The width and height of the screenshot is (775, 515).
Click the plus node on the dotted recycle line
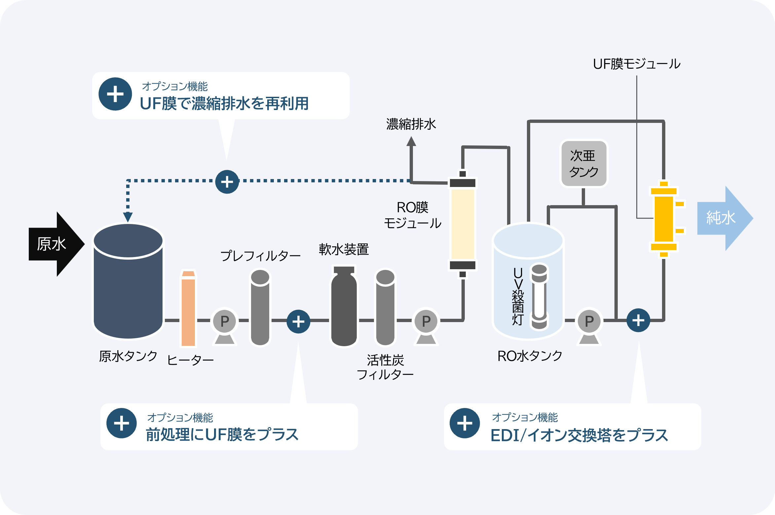coord(227,182)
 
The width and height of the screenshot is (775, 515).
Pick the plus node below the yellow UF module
coord(638,320)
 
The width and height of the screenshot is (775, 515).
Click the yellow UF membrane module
coord(664,219)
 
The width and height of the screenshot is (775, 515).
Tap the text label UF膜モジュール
coord(637,64)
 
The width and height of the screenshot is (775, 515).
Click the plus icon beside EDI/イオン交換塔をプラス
coord(464,423)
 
